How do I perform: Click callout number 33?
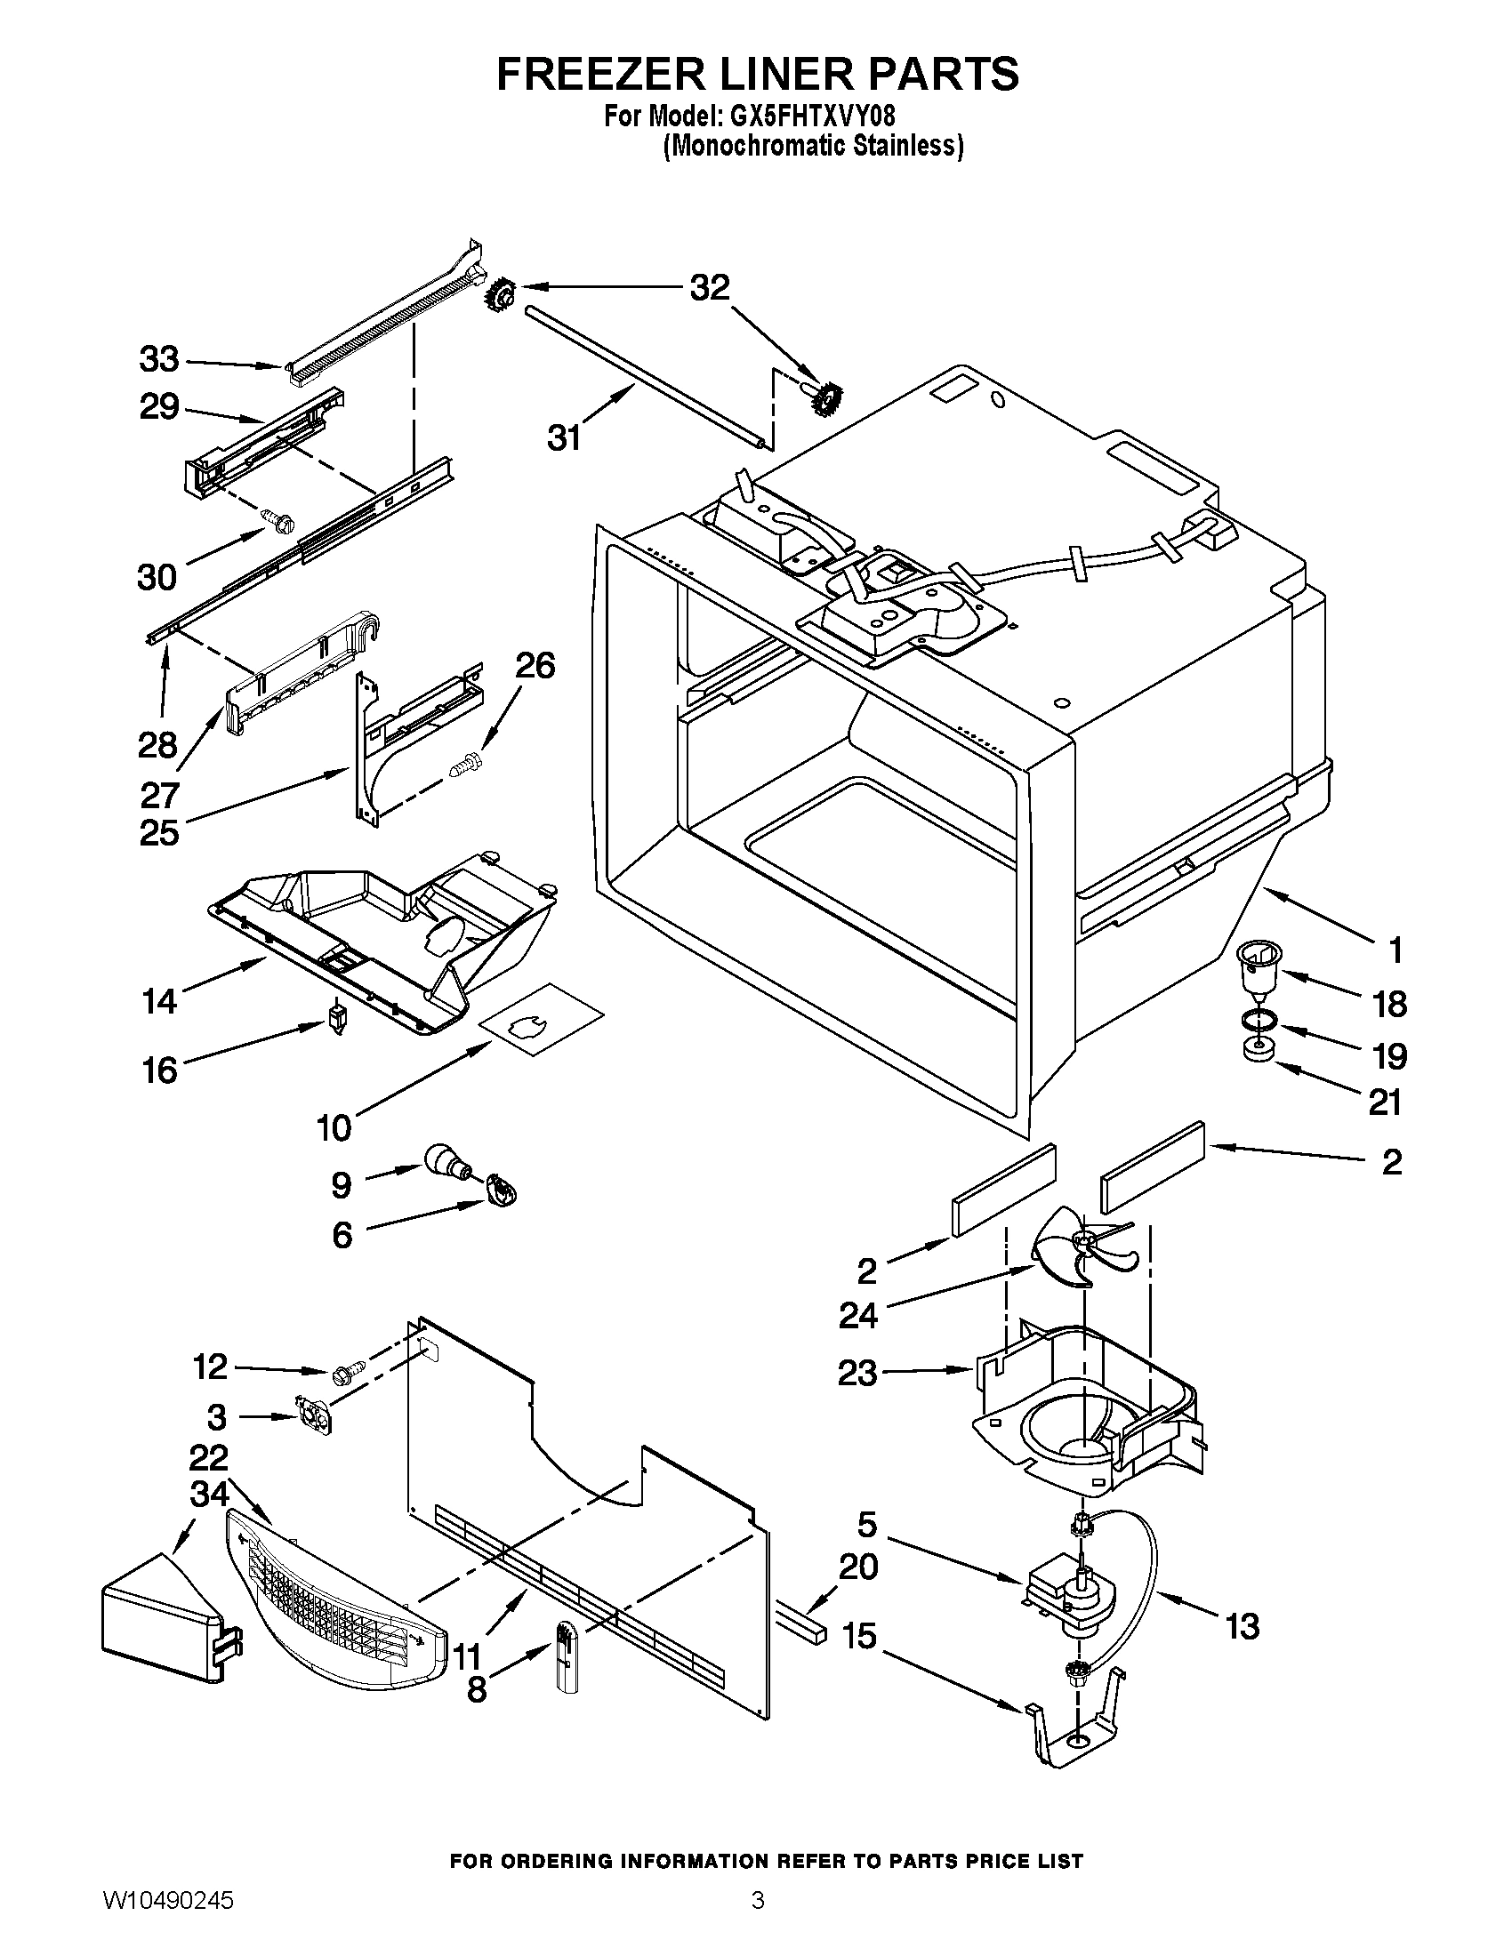(159, 359)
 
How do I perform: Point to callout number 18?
(1389, 1004)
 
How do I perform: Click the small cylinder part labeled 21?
(1259, 1051)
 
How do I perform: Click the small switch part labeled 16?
(337, 1016)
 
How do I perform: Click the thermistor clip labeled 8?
(565, 1658)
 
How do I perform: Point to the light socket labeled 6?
(503, 1191)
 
